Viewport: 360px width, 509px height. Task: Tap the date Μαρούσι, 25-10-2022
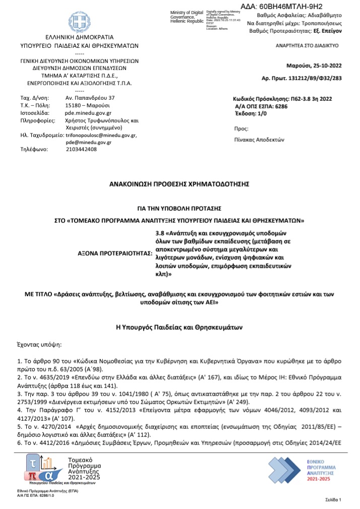pos(314,66)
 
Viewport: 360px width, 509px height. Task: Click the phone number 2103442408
pos(81,149)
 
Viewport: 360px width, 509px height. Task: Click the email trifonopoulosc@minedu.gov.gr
pos(101,135)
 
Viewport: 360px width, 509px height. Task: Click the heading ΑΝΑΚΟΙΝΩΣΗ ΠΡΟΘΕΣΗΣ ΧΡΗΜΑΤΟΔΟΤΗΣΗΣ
pos(179,184)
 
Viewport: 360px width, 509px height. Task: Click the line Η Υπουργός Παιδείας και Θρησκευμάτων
pos(179,328)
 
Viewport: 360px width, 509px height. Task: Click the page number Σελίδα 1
pos(333,499)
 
